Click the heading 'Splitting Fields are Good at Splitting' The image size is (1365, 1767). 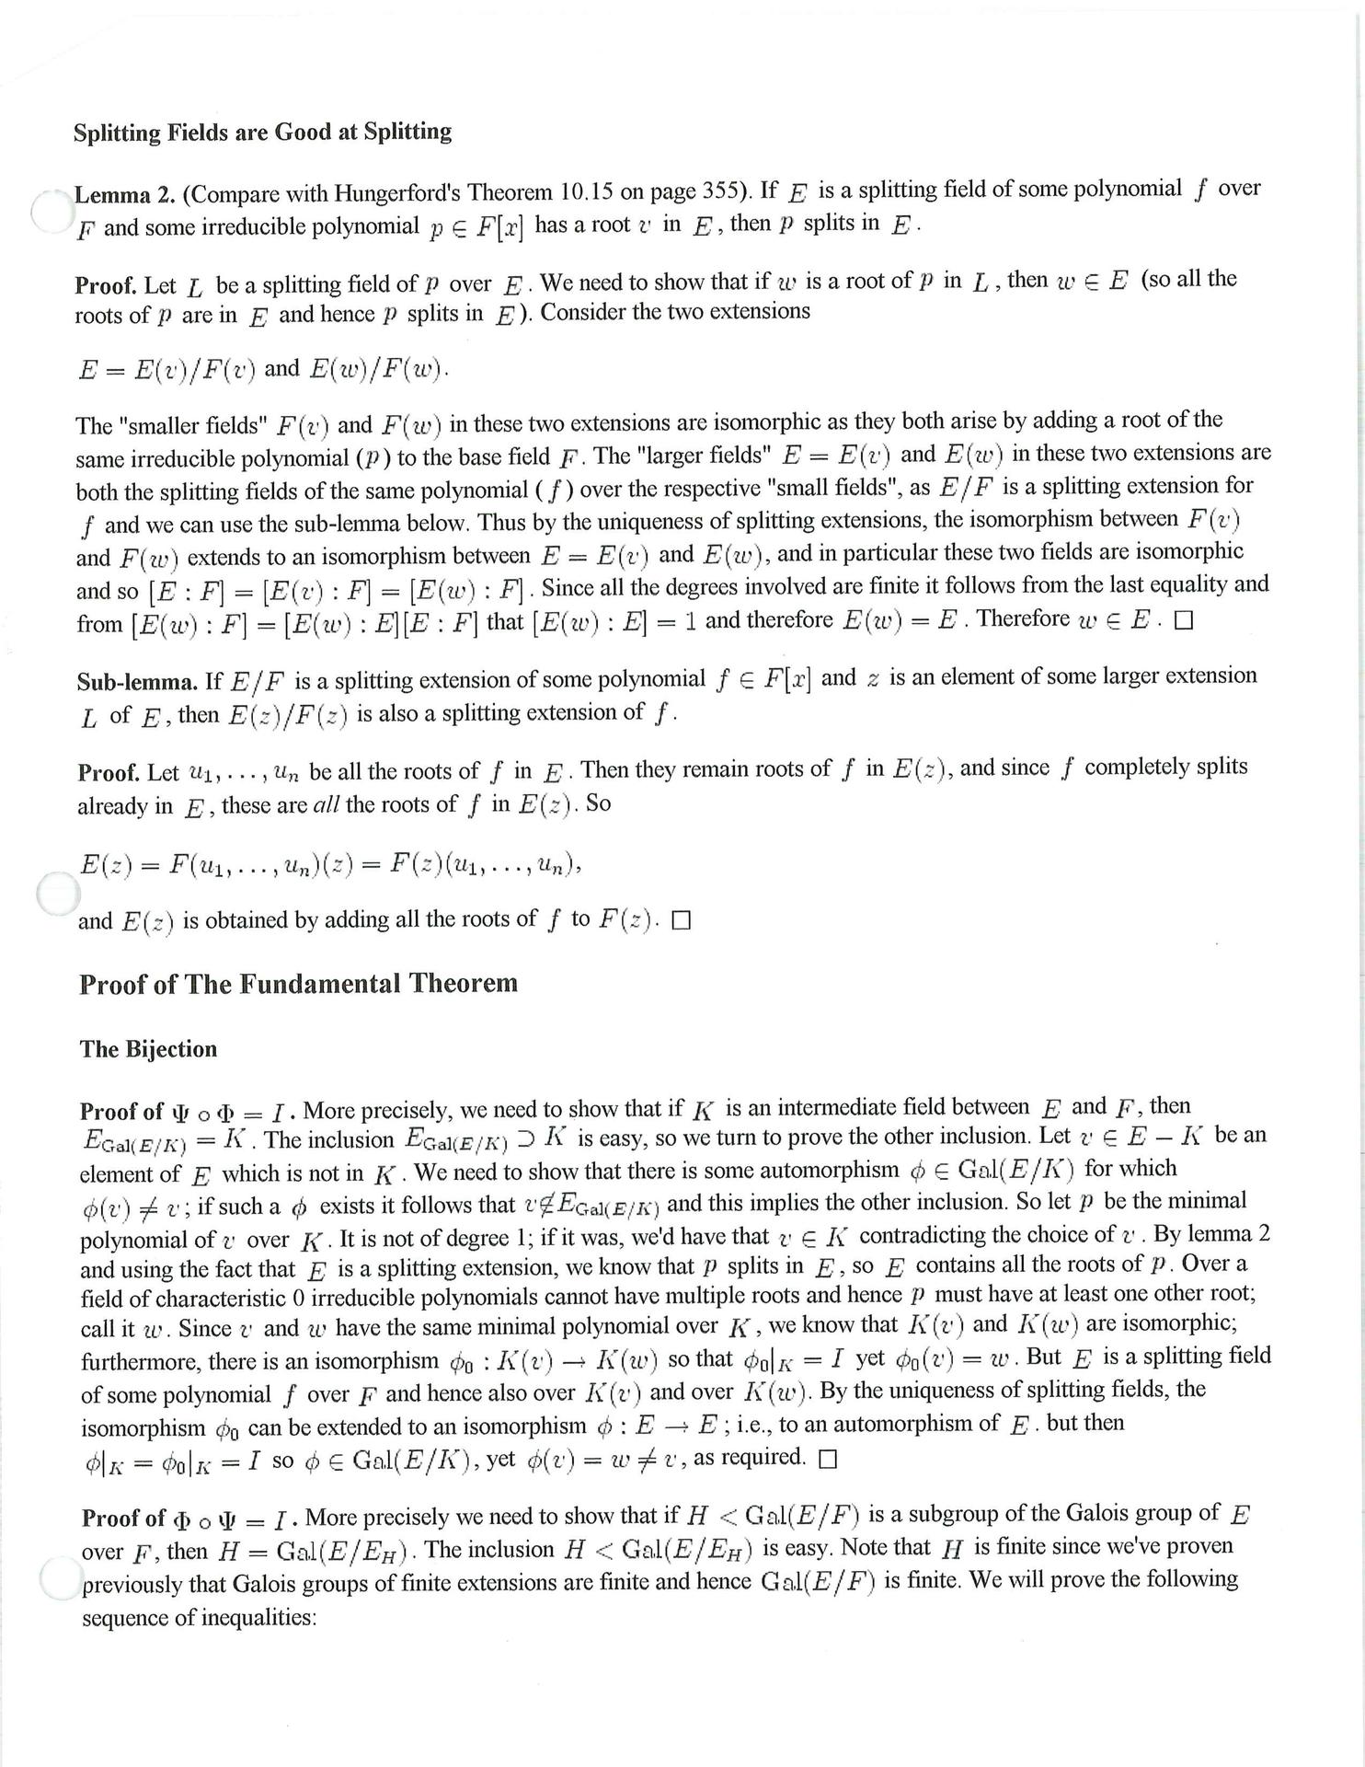click(263, 133)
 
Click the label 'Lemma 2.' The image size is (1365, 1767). click(124, 195)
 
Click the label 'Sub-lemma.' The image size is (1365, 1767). click(137, 682)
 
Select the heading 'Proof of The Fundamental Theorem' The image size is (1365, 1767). click(298, 984)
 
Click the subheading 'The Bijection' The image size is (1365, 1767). click(148, 1049)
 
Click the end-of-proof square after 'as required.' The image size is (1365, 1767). click(828, 1460)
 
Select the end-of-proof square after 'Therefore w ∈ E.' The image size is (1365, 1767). click(1184, 621)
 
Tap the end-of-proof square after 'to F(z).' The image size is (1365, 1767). click(681, 920)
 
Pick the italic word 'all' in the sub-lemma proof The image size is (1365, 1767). click(327, 805)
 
